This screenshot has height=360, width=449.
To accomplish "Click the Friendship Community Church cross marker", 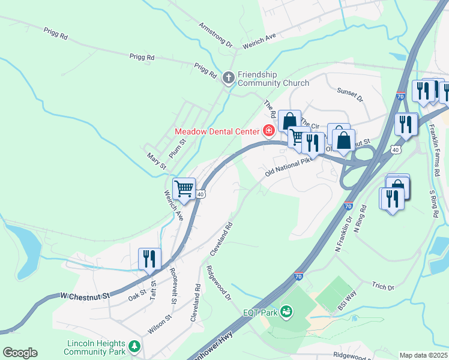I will (228, 77).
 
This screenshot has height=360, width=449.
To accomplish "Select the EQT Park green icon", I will (287, 311).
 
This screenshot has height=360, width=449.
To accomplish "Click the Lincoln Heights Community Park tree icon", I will (136, 347).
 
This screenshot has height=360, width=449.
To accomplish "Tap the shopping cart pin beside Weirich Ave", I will (184, 189).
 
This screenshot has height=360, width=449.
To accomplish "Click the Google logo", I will (20, 353).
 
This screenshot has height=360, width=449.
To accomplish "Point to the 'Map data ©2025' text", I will (423, 355).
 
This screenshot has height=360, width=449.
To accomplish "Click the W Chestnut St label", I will (86, 296).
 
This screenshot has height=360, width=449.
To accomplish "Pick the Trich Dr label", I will (382, 287).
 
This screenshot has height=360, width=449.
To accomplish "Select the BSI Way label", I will (347, 305).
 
